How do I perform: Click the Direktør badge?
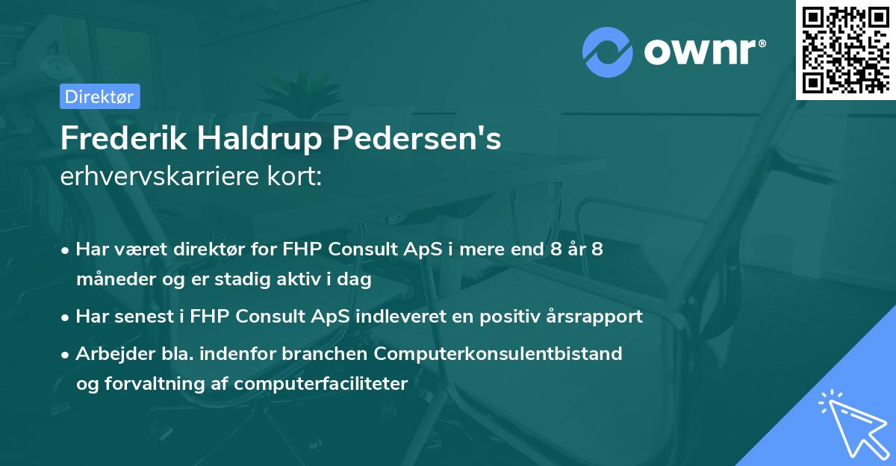click(99, 96)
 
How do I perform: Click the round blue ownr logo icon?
click(608, 52)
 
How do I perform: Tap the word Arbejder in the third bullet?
click(109, 353)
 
